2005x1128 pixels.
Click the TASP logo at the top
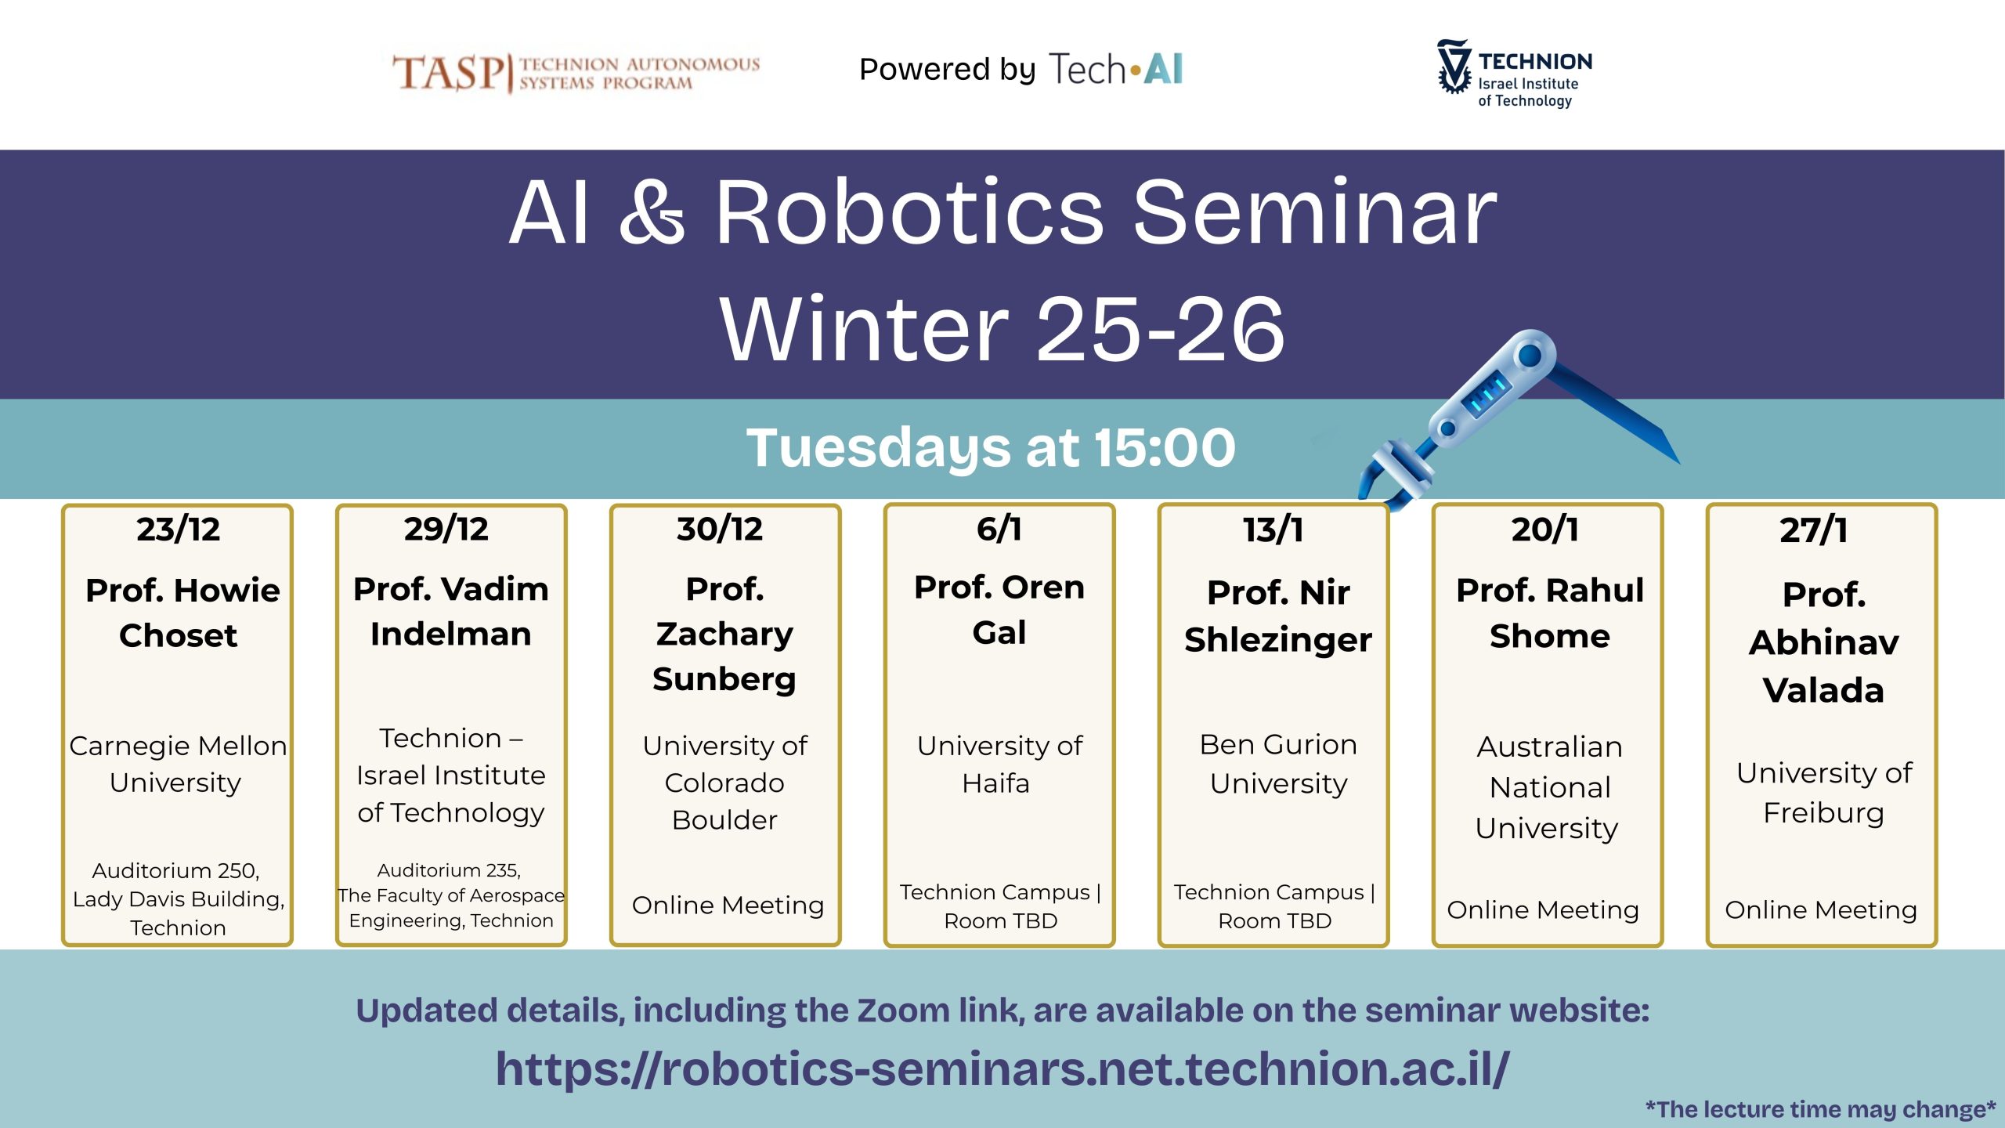point(576,74)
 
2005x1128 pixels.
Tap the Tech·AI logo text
point(1116,69)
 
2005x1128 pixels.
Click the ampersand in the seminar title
point(652,211)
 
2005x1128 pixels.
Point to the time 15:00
point(1165,447)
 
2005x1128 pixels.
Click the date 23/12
point(178,530)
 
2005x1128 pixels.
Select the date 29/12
point(446,529)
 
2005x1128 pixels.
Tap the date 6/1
point(999,529)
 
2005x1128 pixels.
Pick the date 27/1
point(1814,530)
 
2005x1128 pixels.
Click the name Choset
point(178,635)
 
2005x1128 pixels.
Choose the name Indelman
point(451,634)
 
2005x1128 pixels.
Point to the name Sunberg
point(724,679)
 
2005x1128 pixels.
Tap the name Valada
point(1823,690)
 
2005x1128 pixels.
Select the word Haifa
point(995,783)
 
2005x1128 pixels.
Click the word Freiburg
point(1823,813)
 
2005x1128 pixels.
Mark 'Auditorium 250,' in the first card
point(176,871)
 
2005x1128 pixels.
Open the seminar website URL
point(1002,1068)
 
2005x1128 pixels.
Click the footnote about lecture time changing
point(1821,1109)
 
